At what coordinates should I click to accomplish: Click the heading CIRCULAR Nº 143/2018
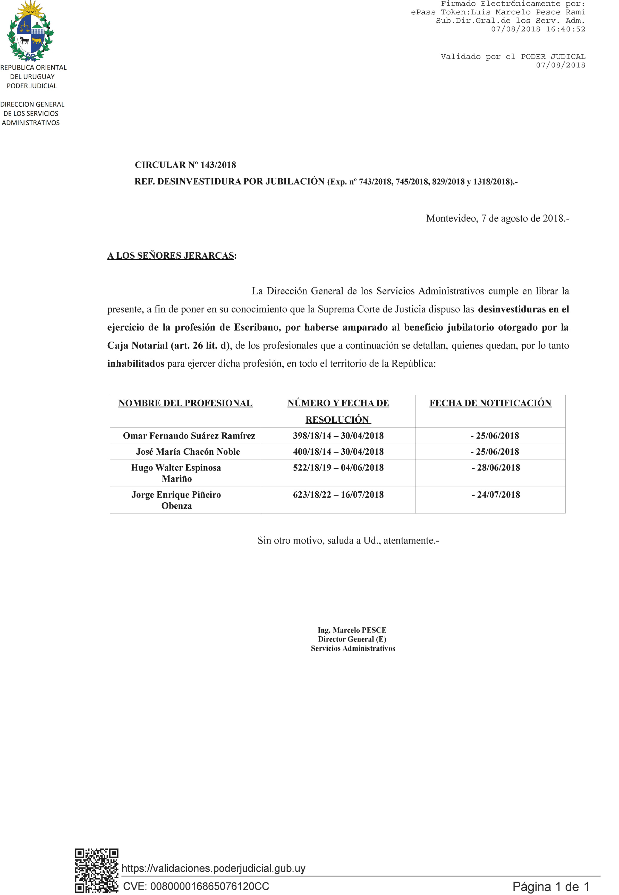tap(185, 165)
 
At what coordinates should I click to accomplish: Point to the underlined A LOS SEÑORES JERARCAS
tap(171, 256)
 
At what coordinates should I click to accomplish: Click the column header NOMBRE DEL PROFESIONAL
tap(185, 403)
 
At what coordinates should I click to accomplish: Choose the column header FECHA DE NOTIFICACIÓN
tap(490, 403)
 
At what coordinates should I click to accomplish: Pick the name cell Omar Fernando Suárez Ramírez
tap(189, 436)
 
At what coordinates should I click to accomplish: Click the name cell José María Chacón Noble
tap(188, 452)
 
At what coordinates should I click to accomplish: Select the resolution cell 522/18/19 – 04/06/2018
tap(338, 467)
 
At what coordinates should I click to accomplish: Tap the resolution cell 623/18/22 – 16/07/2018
tap(338, 495)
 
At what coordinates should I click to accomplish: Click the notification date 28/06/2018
tap(496, 467)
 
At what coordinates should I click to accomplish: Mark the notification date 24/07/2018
tap(496, 495)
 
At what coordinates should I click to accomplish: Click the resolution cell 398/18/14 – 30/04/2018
tap(338, 436)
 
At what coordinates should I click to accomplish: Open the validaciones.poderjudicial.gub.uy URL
tap(214, 868)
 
